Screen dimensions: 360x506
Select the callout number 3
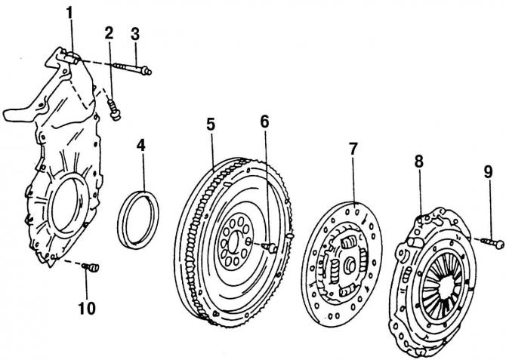point(135,33)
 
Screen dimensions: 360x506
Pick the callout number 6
point(264,122)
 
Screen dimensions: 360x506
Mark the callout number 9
point(489,172)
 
